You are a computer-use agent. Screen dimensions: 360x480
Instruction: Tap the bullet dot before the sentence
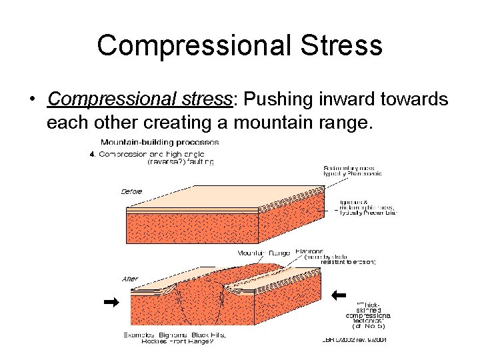(32, 100)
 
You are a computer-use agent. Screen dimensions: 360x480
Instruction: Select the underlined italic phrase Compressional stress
(139, 99)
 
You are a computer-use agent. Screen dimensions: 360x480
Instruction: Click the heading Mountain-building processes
(159, 142)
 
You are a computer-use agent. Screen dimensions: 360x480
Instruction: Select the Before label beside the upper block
(131, 191)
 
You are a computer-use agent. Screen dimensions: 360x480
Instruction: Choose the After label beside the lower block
(130, 279)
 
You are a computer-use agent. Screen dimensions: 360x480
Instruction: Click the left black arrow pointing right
(111, 302)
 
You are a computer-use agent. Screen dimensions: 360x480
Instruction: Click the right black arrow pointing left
(339, 294)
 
